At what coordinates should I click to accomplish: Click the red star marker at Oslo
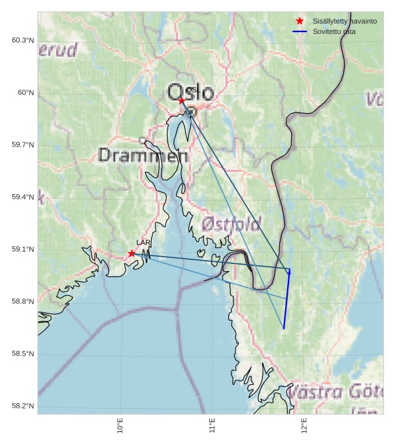tap(182, 101)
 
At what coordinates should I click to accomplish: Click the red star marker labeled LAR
tap(131, 254)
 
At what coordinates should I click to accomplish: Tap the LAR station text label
tap(143, 243)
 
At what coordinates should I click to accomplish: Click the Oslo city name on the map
tap(190, 93)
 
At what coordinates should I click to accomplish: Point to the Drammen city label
tap(143, 156)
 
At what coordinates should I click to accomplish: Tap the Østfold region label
tap(232, 223)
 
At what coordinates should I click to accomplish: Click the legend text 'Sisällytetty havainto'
tap(345, 21)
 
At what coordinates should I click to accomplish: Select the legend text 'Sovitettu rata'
tap(334, 31)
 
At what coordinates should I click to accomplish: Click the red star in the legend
tap(300, 21)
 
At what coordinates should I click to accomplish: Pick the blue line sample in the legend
tap(300, 31)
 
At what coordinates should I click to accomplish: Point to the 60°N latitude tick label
tap(26, 93)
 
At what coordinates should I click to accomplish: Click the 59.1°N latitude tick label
tap(23, 250)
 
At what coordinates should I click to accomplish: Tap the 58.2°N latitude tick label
tap(23, 406)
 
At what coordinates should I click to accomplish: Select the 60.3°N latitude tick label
tap(23, 41)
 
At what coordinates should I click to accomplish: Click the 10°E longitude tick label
tap(120, 425)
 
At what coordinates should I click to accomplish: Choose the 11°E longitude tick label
tap(213, 425)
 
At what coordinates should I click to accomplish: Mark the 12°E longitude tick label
tap(305, 425)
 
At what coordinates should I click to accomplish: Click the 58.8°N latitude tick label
tap(23, 302)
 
